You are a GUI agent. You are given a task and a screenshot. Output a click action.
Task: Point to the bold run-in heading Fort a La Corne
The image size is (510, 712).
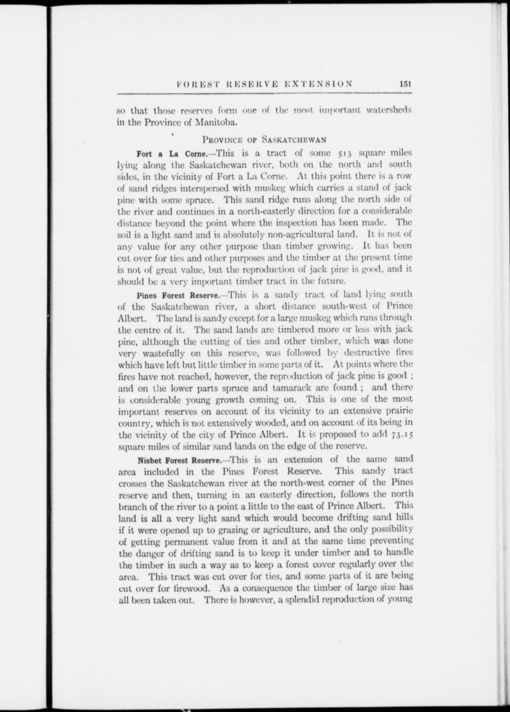171,154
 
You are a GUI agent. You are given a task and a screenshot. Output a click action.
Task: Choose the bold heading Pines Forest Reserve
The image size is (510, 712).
178,296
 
